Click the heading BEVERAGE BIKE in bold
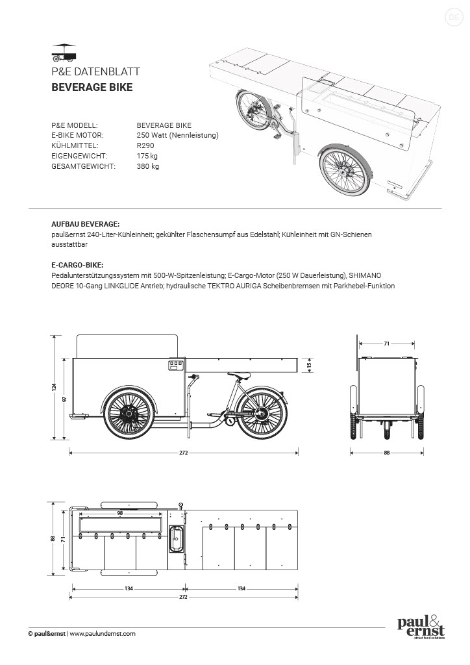(92, 86)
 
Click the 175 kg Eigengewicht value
(147, 156)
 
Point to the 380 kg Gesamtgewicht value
(148, 166)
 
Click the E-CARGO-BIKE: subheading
(77, 265)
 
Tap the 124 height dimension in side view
(55, 387)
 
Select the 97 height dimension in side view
(65, 399)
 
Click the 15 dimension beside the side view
(310, 365)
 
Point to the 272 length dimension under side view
(184, 453)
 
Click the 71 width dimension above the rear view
(386, 342)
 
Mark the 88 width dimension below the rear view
(387, 453)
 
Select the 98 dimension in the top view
(120, 513)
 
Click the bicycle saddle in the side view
(239, 375)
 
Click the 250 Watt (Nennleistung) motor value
(177, 135)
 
